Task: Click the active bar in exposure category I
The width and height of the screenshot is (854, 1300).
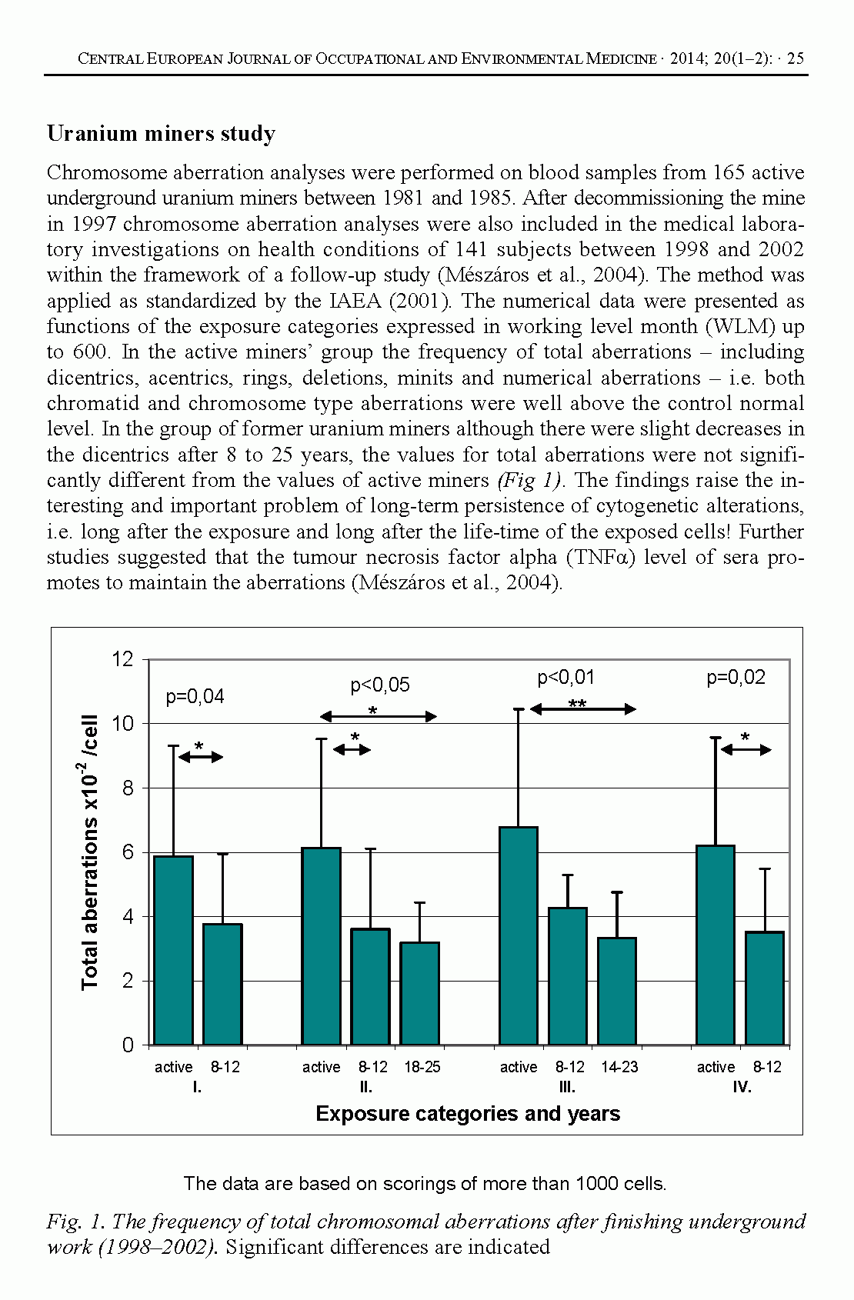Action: (x=173, y=950)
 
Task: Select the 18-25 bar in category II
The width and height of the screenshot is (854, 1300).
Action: (x=420, y=993)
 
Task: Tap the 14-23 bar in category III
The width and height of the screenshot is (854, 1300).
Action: (x=617, y=991)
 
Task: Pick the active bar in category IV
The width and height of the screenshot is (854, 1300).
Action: (x=716, y=945)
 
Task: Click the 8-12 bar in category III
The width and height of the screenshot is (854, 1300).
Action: (x=568, y=976)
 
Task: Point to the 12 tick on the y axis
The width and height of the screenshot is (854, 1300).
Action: (x=123, y=659)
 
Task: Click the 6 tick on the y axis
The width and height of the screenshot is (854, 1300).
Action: (x=128, y=852)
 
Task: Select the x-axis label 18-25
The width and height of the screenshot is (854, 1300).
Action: (x=422, y=1067)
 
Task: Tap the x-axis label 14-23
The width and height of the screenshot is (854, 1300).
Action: (x=619, y=1067)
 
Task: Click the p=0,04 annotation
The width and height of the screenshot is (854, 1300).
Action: (x=195, y=697)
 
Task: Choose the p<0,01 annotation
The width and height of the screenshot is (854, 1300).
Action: (x=565, y=678)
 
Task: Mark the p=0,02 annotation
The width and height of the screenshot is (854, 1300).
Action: (x=736, y=678)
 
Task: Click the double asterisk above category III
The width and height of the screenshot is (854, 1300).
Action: (x=577, y=704)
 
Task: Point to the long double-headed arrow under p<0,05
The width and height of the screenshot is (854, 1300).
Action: (x=379, y=717)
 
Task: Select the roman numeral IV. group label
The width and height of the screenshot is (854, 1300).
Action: (x=742, y=1087)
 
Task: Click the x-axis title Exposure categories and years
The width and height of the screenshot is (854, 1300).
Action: (x=468, y=1114)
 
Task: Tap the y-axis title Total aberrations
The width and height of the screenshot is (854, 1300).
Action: (x=90, y=852)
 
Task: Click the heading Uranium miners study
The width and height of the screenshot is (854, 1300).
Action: (x=161, y=134)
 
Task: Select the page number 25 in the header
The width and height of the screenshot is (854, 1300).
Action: (x=796, y=58)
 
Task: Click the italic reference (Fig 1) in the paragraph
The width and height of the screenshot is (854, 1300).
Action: (x=530, y=481)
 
